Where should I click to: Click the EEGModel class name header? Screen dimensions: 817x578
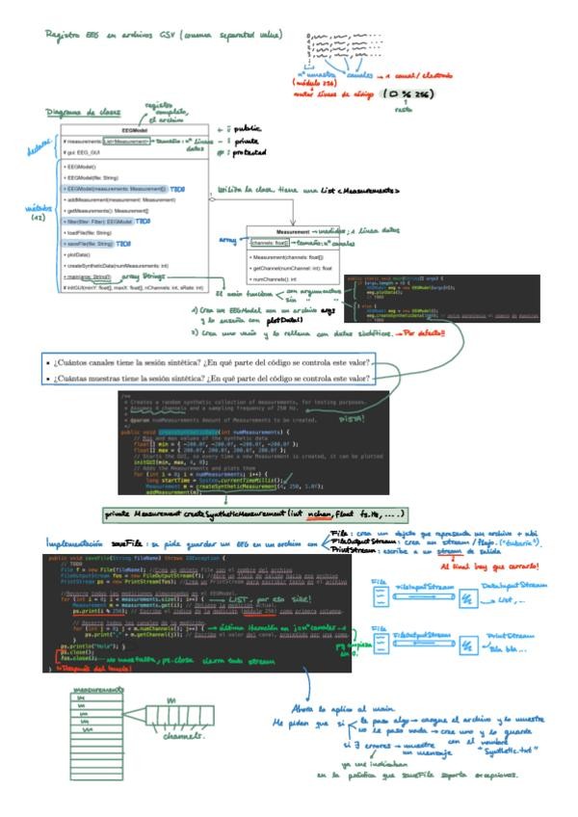click(x=134, y=130)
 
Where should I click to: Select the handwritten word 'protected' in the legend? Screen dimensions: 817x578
click(x=261, y=152)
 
